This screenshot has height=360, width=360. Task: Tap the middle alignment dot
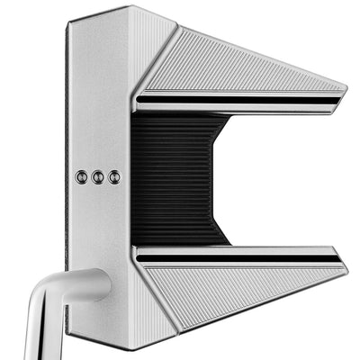coord(98,177)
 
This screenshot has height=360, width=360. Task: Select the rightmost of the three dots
coord(114,177)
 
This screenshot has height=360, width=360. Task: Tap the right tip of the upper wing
coord(343,91)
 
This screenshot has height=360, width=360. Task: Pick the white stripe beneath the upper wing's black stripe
coord(238,104)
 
